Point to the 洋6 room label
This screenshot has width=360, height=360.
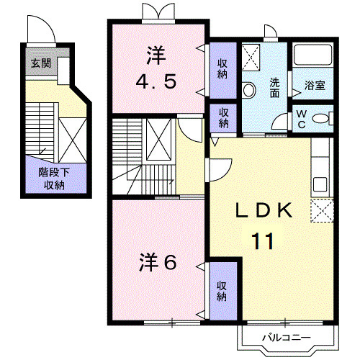coord(157,263)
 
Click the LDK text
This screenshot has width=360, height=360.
coord(264,210)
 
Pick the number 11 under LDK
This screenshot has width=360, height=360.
coord(261,240)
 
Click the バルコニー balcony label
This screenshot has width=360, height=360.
coord(285,337)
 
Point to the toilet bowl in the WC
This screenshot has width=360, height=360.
coord(323,119)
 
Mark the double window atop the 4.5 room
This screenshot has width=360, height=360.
coord(158,13)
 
